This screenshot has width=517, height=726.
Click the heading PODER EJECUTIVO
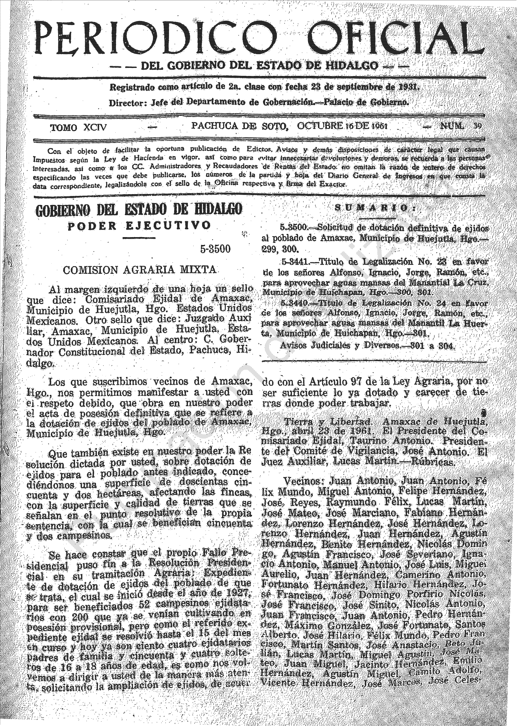(139, 225)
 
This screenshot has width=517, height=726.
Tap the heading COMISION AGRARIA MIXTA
(139, 270)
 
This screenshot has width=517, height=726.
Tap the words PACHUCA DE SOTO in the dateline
(239, 126)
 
